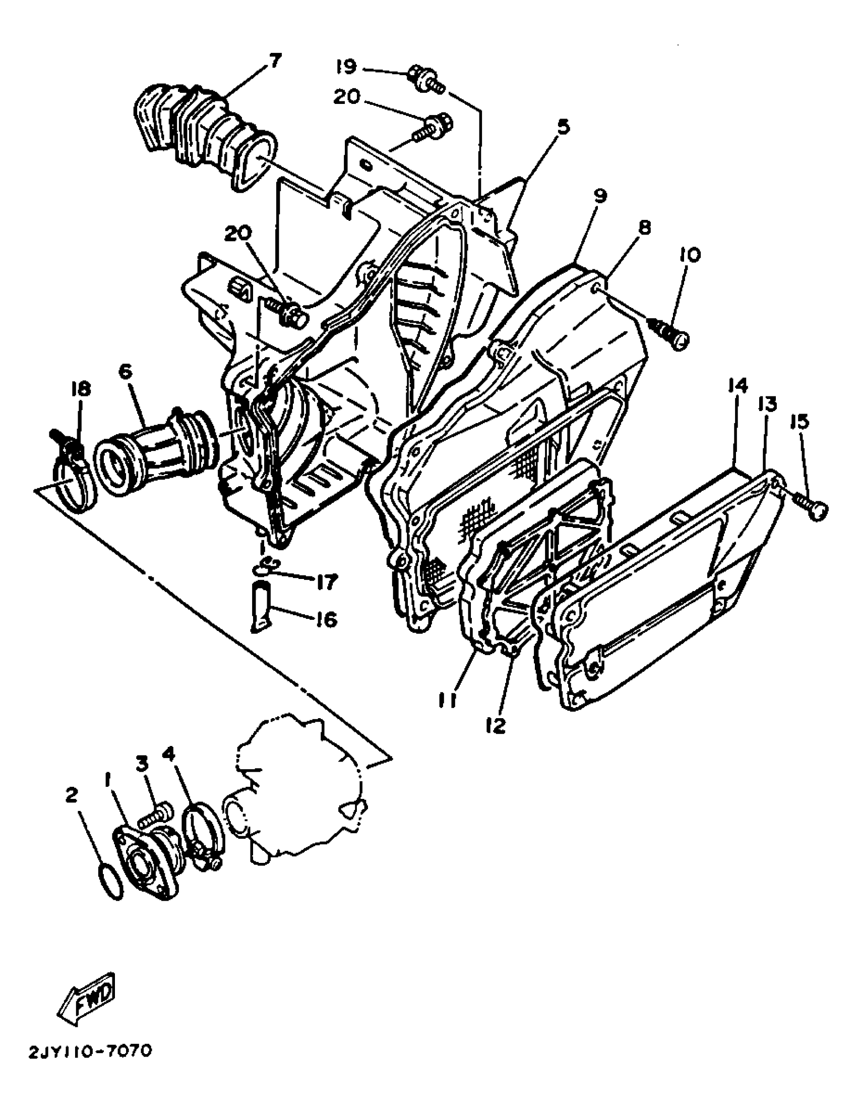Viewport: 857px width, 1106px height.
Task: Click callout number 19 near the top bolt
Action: coord(347,67)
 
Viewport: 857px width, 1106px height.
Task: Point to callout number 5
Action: coord(563,127)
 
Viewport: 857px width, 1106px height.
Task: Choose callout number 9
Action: coord(600,197)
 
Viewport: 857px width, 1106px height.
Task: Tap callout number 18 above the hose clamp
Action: coord(81,389)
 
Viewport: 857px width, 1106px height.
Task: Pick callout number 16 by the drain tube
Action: coord(327,619)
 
